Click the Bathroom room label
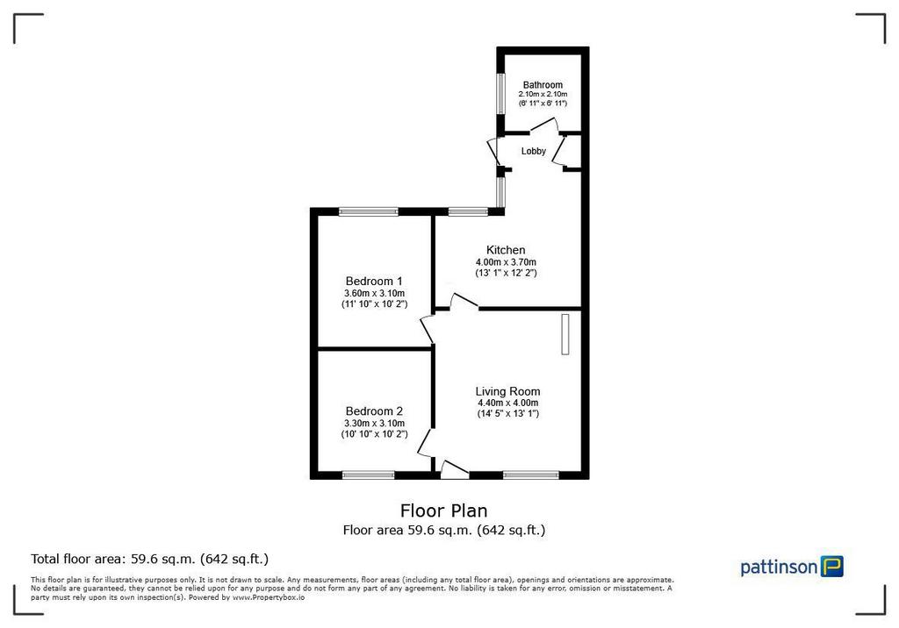pyautogui.click(x=543, y=85)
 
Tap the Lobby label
pyautogui.click(x=533, y=151)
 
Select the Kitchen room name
pyautogui.click(x=506, y=250)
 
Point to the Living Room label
pyautogui.click(x=507, y=391)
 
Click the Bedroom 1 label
pyautogui.click(x=374, y=282)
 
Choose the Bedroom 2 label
pyautogui.click(x=374, y=411)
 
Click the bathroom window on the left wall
pyautogui.click(x=500, y=93)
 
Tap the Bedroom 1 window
pyautogui.click(x=368, y=211)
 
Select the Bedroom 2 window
pyautogui.click(x=368, y=475)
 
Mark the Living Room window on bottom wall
pyautogui.click(x=530, y=475)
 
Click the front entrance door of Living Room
pyautogui.click(x=455, y=470)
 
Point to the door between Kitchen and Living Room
pyautogui.click(x=464, y=302)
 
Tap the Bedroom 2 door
pyautogui.click(x=427, y=442)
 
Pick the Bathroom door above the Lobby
pyautogui.click(x=543, y=125)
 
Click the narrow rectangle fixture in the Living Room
pyautogui.click(x=565, y=334)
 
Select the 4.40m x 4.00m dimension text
pyautogui.click(x=508, y=403)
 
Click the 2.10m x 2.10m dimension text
pyautogui.click(x=543, y=94)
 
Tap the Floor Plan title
pyautogui.click(x=443, y=510)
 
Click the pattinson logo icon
pyautogui.click(x=832, y=566)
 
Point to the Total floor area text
pyautogui.click(x=149, y=559)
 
